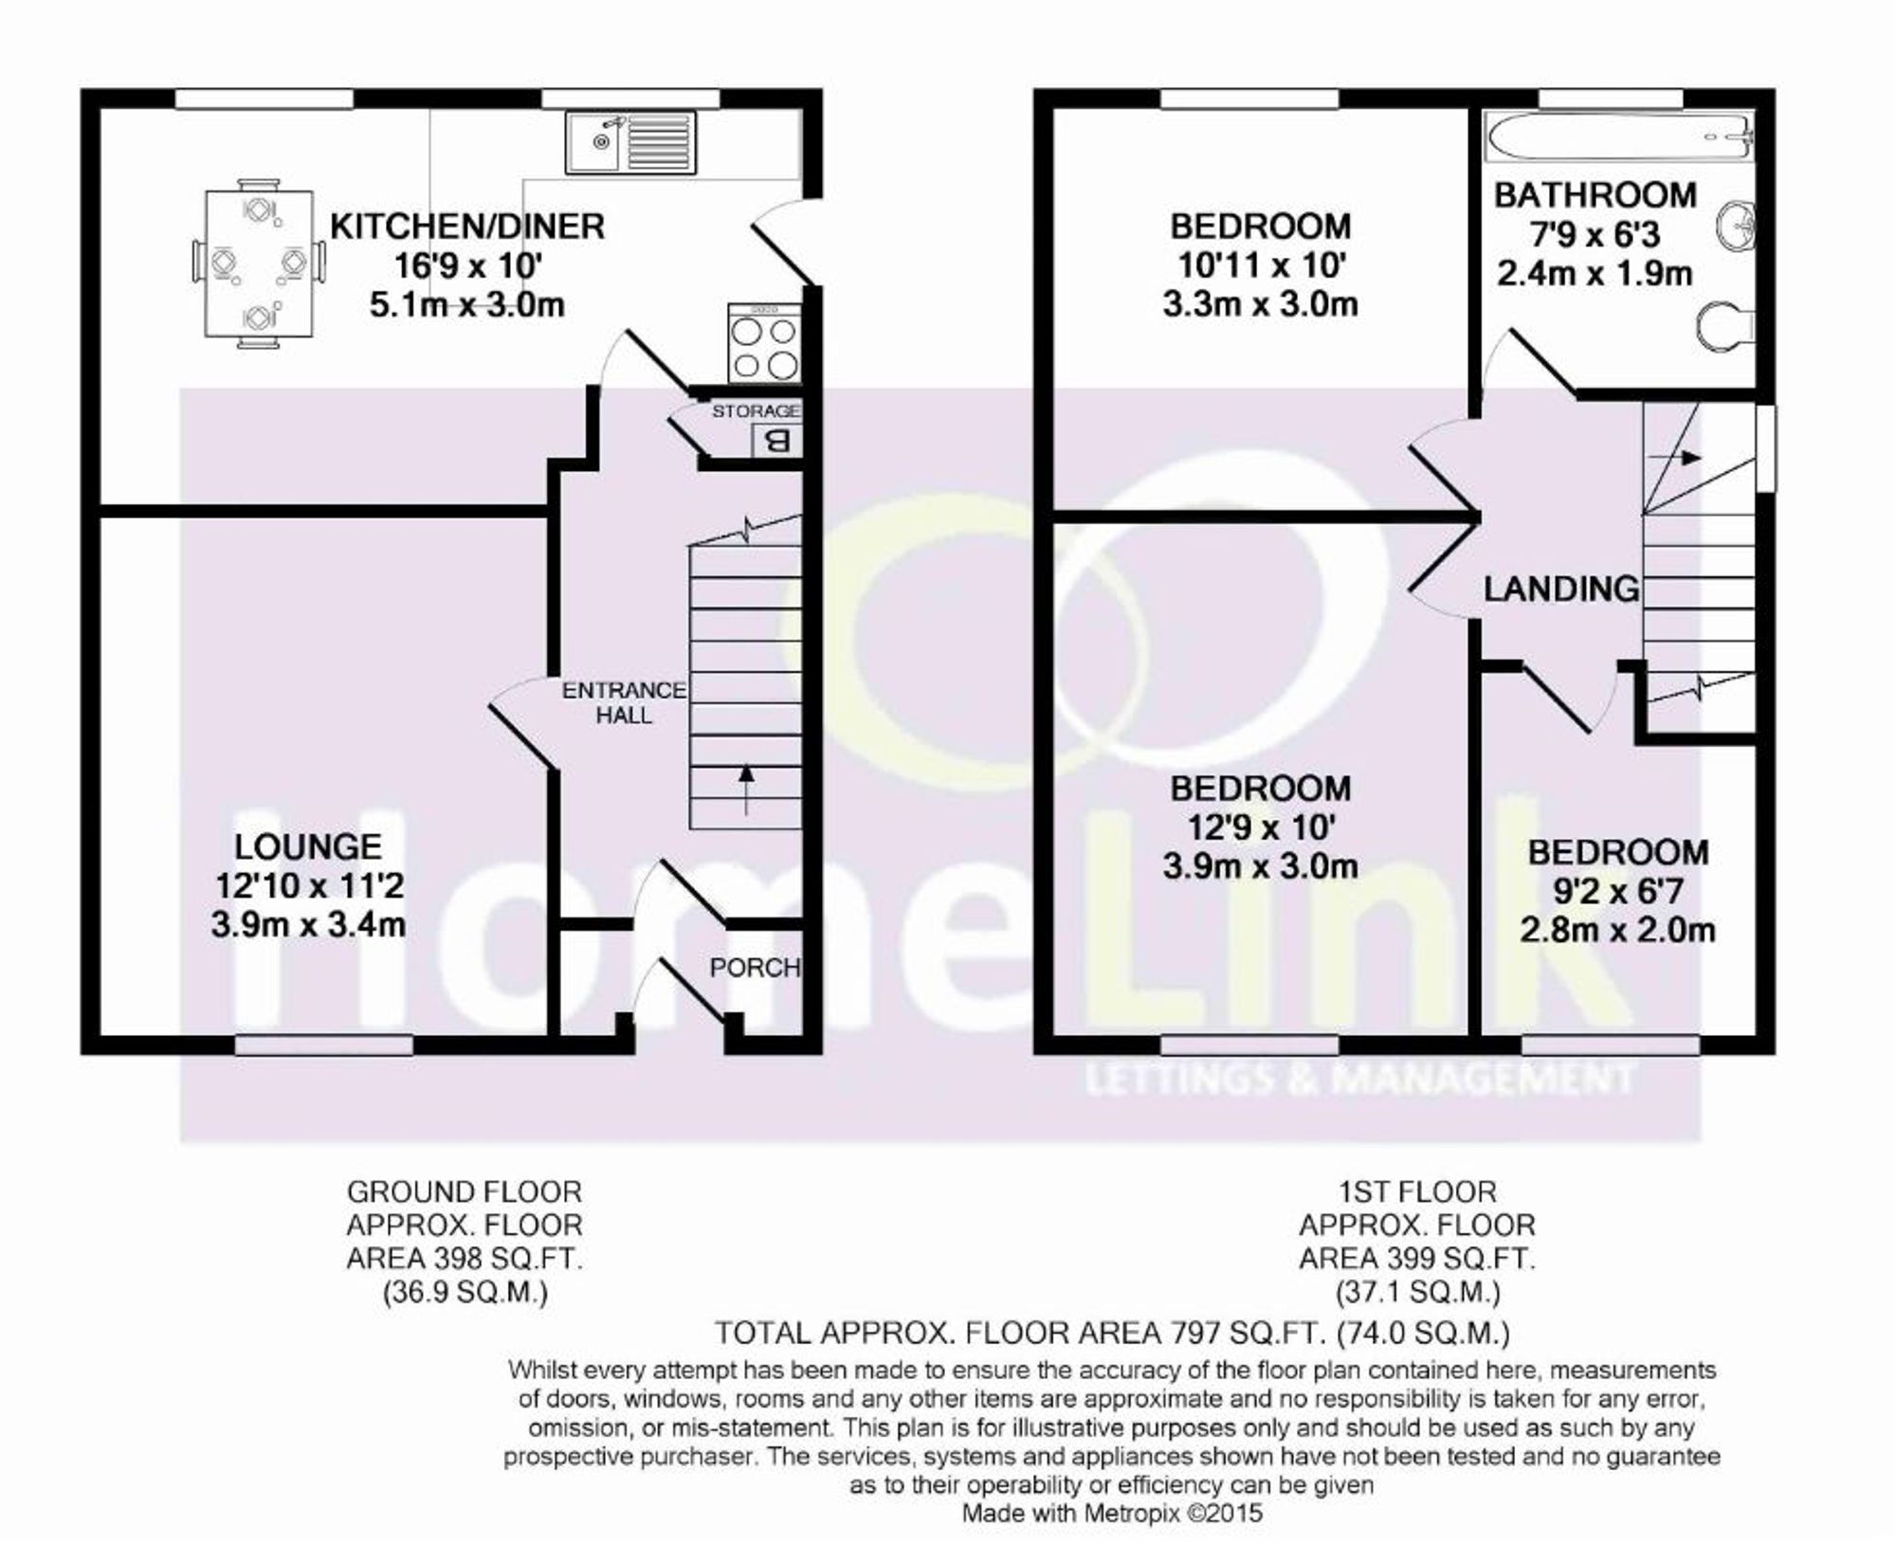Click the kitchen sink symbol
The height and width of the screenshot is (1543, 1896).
pyautogui.click(x=630, y=142)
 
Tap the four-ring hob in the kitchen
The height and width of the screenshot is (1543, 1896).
pyautogui.click(x=764, y=343)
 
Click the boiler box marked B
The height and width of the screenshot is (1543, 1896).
pyautogui.click(x=776, y=441)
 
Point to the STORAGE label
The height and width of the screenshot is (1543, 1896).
pyautogui.click(x=756, y=410)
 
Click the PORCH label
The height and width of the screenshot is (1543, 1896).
pyautogui.click(x=755, y=968)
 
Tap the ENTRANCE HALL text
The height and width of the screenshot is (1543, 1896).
pyautogui.click(x=624, y=702)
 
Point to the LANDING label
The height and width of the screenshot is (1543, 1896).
pyautogui.click(x=1560, y=589)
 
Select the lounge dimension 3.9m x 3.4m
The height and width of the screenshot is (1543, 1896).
pyautogui.click(x=308, y=925)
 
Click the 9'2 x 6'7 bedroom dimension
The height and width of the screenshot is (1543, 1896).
pyautogui.click(x=1617, y=891)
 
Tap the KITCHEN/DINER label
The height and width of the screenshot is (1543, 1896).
pyautogui.click(x=466, y=227)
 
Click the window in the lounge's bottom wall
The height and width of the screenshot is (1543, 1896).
pyautogui.click(x=324, y=1044)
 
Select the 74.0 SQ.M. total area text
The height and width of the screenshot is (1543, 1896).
pyautogui.click(x=1423, y=1334)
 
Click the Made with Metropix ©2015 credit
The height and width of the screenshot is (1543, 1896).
pyautogui.click(x=1112, y=1514)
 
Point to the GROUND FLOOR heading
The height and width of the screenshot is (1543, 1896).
pyautogui.click(x=464, y=1191)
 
